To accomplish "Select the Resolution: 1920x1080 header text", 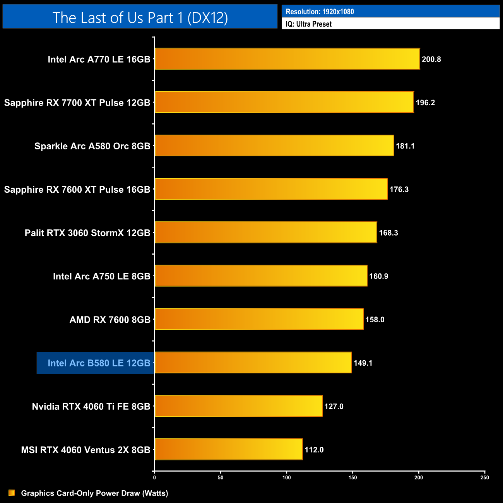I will (320, 12).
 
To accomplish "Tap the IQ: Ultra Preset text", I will (308, 24).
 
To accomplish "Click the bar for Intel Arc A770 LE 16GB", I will (287, 59).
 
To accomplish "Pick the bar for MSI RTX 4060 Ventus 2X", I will (228, 449).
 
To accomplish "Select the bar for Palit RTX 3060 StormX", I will (265, 232).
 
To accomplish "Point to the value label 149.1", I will (363, 363).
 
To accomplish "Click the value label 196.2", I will (425, 103).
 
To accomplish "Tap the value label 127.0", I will (334, 406).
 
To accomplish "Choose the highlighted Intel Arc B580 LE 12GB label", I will (99, 363).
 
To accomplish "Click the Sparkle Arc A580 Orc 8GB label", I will (92, 146).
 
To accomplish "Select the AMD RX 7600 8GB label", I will (110, 320).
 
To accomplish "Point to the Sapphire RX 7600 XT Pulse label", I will (77, 189).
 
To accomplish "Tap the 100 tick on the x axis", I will (287, 477).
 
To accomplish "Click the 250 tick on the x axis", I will (484, 477).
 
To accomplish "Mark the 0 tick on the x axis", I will (154, 477).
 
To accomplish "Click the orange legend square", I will (12, 493).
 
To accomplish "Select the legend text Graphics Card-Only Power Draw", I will (94, 493).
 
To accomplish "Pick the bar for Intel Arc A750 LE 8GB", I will (261, 276).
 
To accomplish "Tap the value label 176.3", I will (399, 189).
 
